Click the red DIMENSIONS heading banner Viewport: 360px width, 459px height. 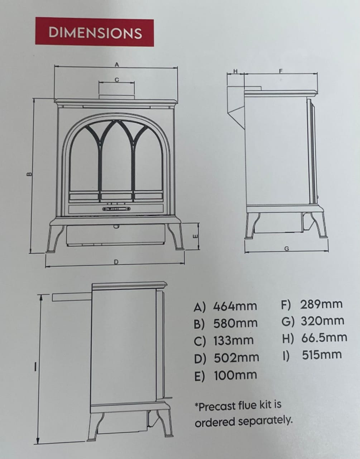(95, 32)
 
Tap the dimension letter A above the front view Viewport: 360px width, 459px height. (117, 65)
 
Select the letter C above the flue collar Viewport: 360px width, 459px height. (117, 80)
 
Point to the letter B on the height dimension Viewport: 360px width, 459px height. (29, 175)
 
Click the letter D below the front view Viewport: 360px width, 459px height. (116, 262)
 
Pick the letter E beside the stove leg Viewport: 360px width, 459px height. (196, 236)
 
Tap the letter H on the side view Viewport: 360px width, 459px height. (236, 71)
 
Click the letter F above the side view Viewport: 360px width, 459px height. (280, 71)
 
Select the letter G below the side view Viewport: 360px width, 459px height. (287, 249)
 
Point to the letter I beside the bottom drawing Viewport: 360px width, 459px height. (35, 367)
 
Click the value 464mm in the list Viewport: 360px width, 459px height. (235, 306)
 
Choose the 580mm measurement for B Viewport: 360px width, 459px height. (235, 323)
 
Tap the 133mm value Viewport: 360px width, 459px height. (234, 341)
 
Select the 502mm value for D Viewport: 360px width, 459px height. (236, 358)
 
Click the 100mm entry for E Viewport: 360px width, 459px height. (235, 375)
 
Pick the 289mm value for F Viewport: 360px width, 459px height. (321, 304)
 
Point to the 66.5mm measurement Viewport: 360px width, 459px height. (324, 338)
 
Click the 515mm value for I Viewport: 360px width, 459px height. (322, 355)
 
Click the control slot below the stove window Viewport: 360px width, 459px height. (116, 209)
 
